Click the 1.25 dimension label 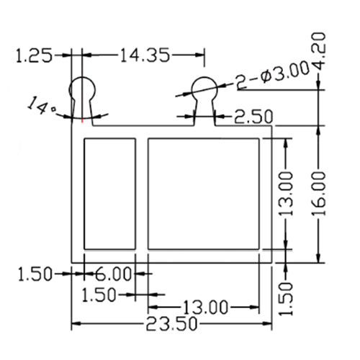tap(34, 55)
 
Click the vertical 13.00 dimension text tap(286, 193)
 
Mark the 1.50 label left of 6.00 tap(35, 274)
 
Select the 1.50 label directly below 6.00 tap(99, 294)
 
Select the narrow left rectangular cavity tap(110, 192)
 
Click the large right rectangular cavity tap(203, 192)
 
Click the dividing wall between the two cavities tap(142, 192)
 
